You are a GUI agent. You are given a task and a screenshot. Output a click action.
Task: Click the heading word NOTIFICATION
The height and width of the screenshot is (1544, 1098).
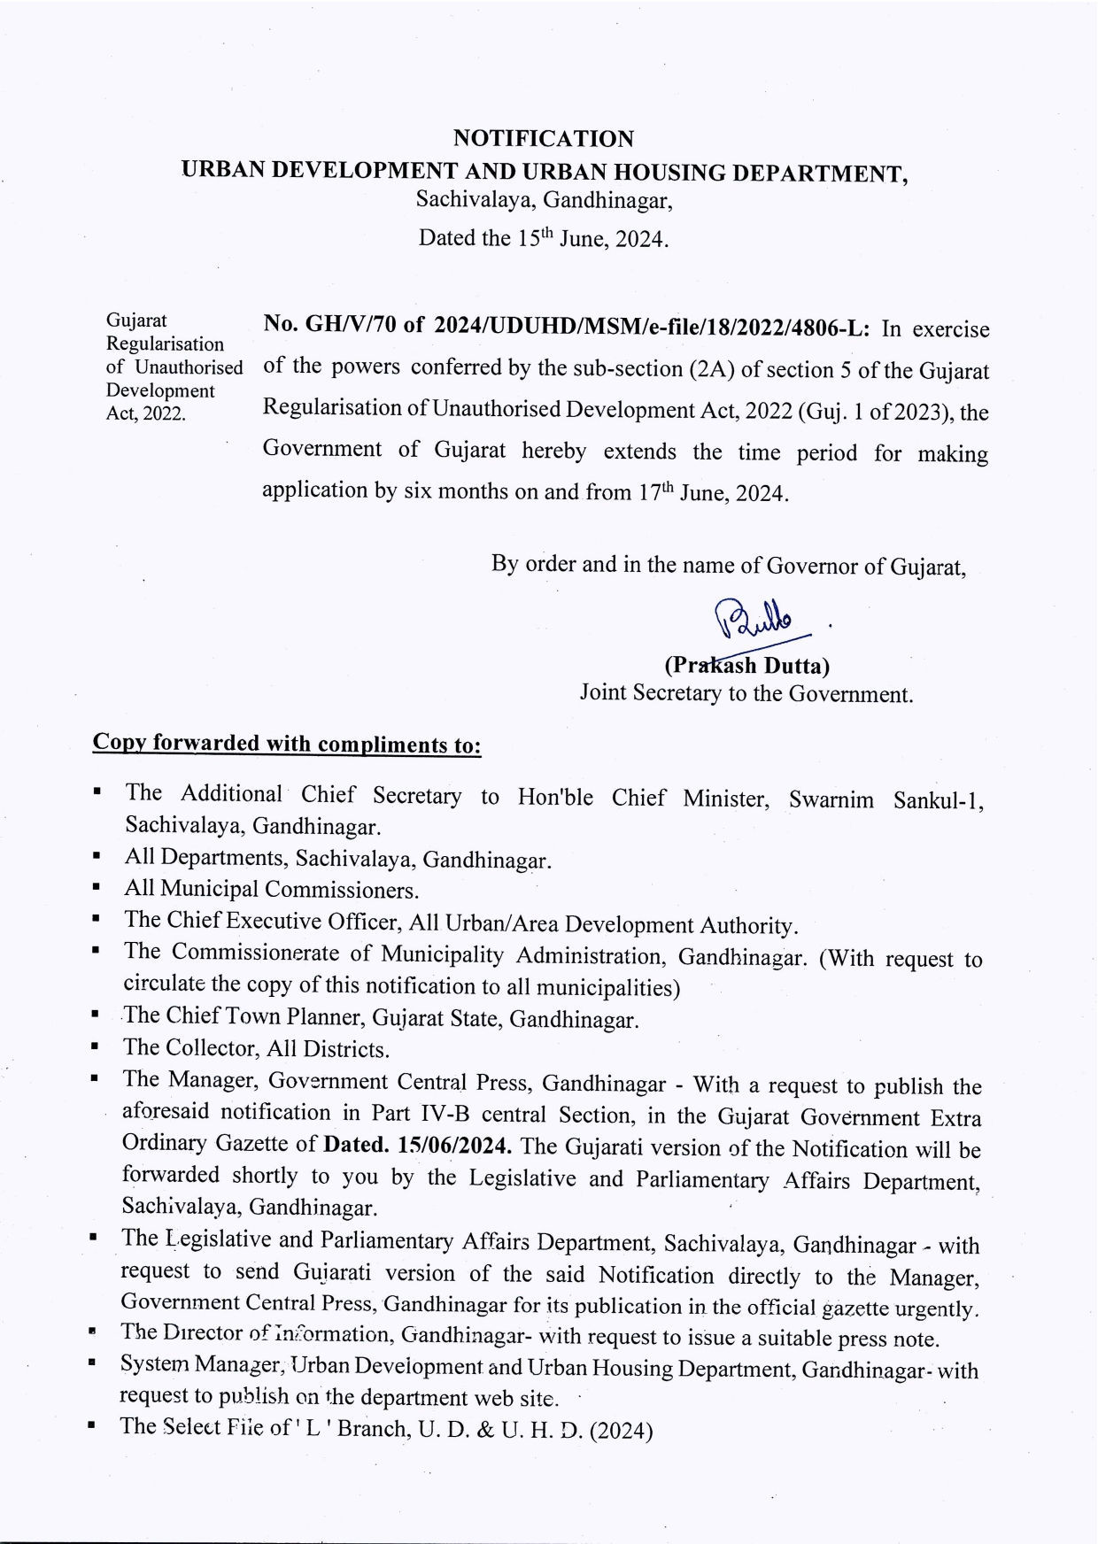[x=543, y=139]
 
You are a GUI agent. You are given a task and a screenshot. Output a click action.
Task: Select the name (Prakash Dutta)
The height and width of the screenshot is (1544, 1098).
[x=746, y=666]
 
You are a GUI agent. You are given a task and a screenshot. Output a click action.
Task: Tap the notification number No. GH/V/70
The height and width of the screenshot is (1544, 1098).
[x=329, y=325]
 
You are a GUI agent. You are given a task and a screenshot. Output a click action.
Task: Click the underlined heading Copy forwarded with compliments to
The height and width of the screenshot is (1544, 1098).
[x=287, y=744]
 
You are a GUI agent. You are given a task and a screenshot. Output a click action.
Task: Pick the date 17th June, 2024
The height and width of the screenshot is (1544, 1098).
[x=712, y=493]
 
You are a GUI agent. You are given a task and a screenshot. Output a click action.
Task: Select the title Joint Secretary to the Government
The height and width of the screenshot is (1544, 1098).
[x=746, y=693]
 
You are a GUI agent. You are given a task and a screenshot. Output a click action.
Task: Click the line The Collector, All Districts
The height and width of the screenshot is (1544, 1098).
[x=257, y=1049]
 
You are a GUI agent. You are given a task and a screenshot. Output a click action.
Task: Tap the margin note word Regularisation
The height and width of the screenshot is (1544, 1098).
[x=165, y=344]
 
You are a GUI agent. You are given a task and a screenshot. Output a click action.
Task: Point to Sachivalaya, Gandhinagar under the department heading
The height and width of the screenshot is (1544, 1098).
[x=544, y=200]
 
